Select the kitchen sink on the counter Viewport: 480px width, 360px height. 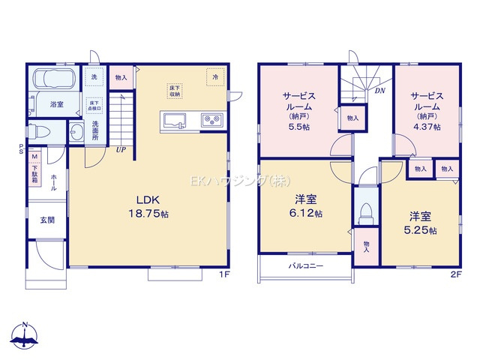[x=175, y=119]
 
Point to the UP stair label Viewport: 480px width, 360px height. [x=120, y=149]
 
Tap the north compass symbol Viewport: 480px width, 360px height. [x=25, y=337]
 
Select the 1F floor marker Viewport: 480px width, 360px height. [x=223, y=275]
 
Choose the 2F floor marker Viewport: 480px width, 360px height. [x=455, y=275]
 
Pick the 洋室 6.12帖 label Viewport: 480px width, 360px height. [x=305, y=207]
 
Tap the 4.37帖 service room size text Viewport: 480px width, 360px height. [x=428, y=127]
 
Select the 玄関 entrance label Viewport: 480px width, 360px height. [x=46, y=220]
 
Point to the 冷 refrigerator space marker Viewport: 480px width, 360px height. [x=214, y=76]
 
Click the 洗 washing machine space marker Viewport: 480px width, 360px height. [x=94, y=76]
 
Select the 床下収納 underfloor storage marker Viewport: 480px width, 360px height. [x=174, y=90]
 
